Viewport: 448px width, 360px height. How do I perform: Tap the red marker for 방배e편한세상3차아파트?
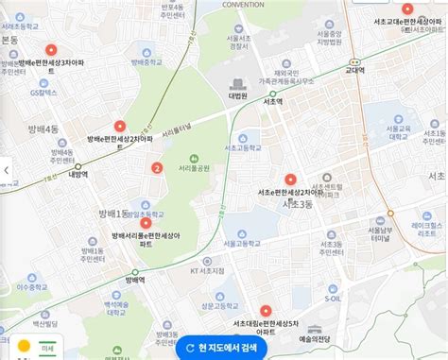50,50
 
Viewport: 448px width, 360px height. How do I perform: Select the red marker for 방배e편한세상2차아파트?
119,126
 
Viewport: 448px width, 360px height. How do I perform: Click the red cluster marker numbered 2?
156,170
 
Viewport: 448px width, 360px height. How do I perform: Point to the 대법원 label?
237,94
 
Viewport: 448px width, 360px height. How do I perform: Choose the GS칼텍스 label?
43,94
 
